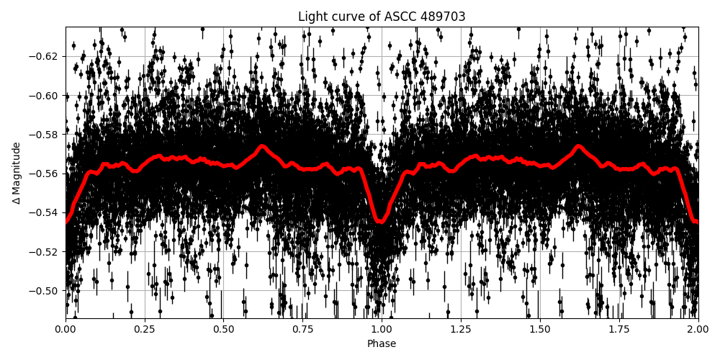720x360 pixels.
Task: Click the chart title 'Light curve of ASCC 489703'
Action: click(382, 17)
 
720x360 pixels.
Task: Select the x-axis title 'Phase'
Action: click(382, 344)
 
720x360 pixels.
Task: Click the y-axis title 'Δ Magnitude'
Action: click(17, 173)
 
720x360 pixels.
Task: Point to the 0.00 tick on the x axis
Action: click(66, 330)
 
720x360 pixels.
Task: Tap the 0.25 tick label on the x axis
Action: click(145, 330)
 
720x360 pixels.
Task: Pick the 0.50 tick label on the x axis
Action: click(224, 330)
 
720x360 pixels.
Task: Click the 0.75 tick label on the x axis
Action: click(302, 330)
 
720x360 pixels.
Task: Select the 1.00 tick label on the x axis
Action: click(382, 330)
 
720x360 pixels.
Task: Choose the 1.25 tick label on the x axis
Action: click(461, 330)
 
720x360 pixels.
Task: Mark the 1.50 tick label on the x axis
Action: click(540, 330)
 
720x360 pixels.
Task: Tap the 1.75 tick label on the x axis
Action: click(619, 330)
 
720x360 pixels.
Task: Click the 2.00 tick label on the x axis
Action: click(698, 330)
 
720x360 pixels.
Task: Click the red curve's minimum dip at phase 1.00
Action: click(381, 222)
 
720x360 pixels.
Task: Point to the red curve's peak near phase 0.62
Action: click(262, 146)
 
